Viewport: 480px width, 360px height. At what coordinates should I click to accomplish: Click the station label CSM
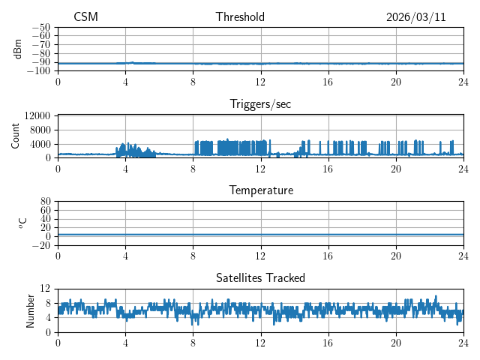pyautogui.click(x=85, y=17)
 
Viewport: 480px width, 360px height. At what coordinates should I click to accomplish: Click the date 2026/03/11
pyautogui.click(x=415, y=17)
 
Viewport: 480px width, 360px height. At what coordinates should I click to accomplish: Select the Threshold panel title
pyautogui.click(x=240, y=17)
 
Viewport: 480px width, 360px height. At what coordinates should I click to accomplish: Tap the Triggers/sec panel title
pyautogui.click(x=260, y=104)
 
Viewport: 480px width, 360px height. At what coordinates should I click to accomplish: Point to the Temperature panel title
pyautogui.click(x=260, y=190)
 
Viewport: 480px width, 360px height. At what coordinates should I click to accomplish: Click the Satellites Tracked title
pyautogui.click(x=260, y=277)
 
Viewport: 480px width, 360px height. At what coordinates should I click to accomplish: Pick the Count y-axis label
pyautogui.click(x=16, y=136)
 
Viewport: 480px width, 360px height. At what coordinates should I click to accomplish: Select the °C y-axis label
pyautogui.click(x=22, y=223)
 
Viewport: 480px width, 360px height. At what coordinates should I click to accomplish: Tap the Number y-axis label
pyautogui.click(x=31, y=310)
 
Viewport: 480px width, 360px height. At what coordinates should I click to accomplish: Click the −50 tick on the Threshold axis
pyautogui.click(x=42, y=27)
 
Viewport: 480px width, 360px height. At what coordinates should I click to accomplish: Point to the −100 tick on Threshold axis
pyautogui.click(x=40, y=71)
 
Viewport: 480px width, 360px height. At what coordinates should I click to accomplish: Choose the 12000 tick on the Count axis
pyautogui.click(x=37, y=116)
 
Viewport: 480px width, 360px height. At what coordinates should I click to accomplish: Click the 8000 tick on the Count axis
pyautogui.click(x=40, y=130)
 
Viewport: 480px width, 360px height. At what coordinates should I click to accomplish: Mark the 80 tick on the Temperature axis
pyautogui.click(x=46, y=202)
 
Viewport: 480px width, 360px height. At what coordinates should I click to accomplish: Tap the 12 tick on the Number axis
pyautogui.click(x=46, y=289)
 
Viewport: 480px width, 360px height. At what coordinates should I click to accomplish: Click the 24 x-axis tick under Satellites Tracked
pyautogui.click(x=463, y=343)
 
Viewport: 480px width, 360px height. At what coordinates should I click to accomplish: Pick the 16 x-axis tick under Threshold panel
pyautogui.click(x=328, y=82)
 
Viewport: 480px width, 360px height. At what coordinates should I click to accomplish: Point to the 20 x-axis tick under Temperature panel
pyautogui.click(x=395, y=256)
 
